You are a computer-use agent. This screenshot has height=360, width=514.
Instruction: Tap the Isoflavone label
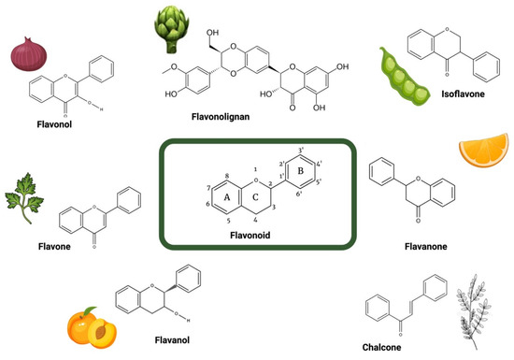point(464,94)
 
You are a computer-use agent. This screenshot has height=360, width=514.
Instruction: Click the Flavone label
point(34,252)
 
